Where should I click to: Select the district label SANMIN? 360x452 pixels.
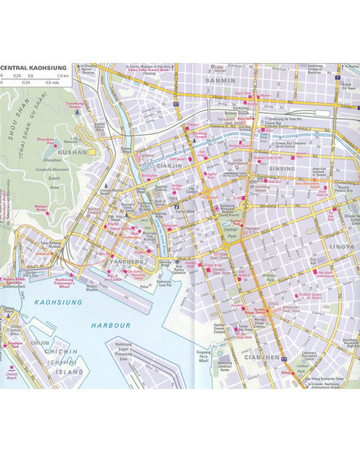pyautogui.click(x=221, y=81)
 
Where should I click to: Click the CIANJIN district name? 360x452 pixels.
pyautogui.click(x=169, y=165)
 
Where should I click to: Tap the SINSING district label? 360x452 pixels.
pyautogui.click(x=281, y=168)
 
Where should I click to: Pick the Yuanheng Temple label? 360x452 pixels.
pyautogui.click(x=74, y=105)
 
